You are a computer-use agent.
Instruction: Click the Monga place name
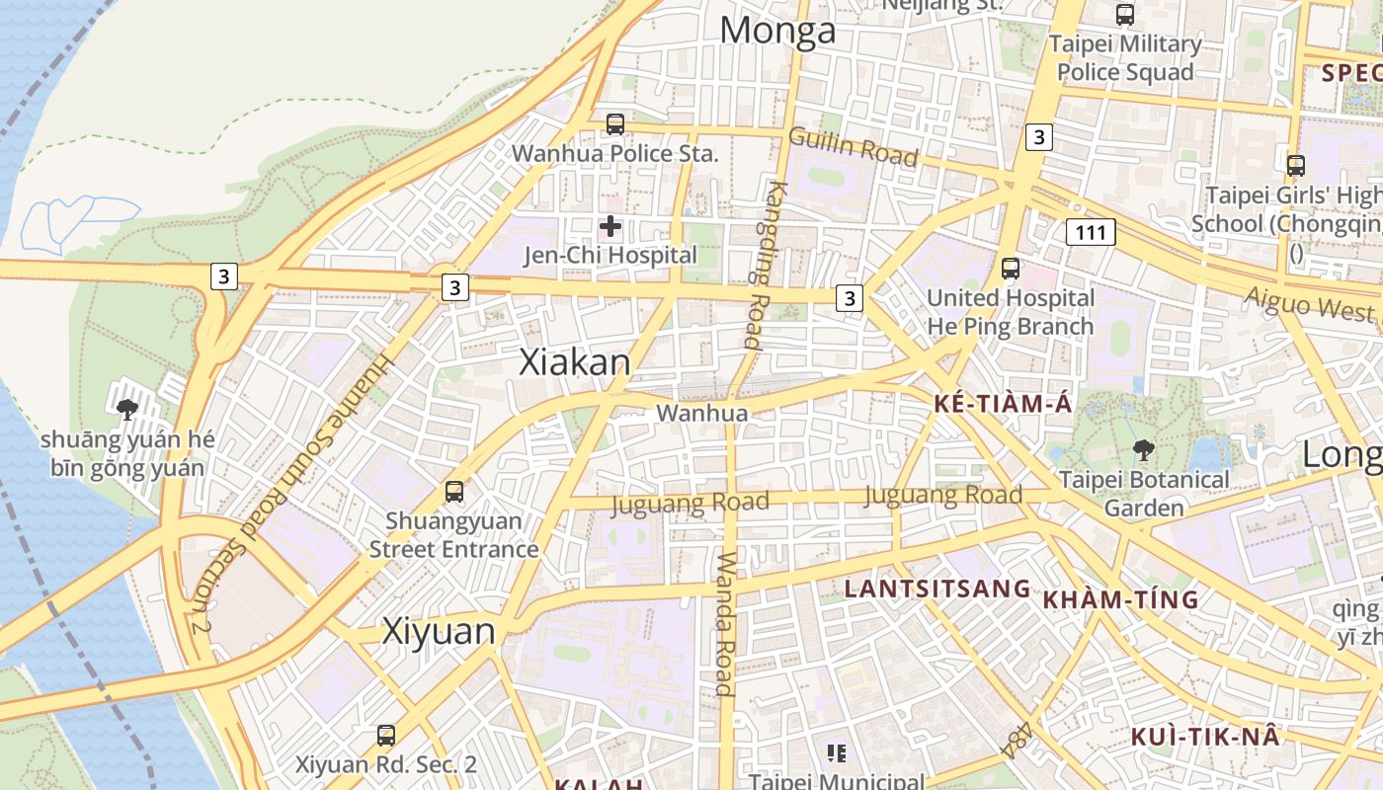click(777, 31)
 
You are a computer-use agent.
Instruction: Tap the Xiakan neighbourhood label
click(575, 362)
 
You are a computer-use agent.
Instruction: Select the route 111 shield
click(1091, 232)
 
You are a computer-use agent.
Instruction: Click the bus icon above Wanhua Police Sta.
click(614, 124)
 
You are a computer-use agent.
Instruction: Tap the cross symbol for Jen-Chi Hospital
click(610, 226)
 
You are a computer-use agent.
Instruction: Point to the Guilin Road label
click(854, 147)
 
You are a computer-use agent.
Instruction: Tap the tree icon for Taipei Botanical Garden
click(1144, 450)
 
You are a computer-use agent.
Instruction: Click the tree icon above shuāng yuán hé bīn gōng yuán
click(126, 409)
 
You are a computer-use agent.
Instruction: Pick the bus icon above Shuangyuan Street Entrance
click(454, 491)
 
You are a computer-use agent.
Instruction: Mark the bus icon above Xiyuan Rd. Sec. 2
click(386, 736)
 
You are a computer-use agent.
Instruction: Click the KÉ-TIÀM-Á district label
click(1003, 404)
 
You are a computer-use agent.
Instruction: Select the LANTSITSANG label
click(936, 590)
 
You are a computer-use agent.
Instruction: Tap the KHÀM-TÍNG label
click(1121, 599)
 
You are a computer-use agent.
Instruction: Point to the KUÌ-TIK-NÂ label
click(1205, 737)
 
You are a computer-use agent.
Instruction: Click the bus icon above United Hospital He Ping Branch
click(1010, 268)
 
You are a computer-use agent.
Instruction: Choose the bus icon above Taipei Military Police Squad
click(1124, 15)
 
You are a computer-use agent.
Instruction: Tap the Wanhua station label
click(702, 413)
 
